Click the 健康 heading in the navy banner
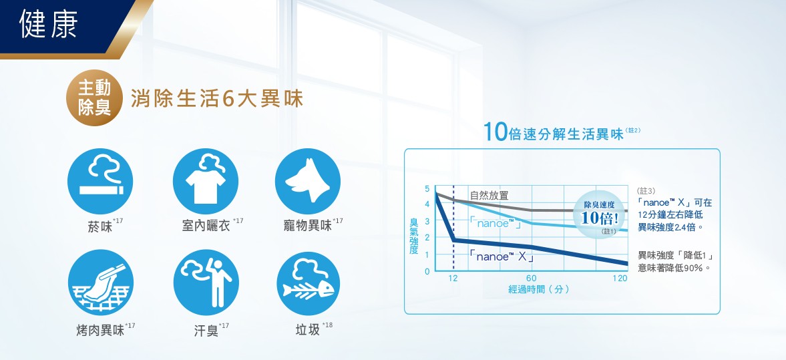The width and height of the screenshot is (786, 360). (x=49, y=23)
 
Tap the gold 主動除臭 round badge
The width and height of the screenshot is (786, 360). (x=95, y=98)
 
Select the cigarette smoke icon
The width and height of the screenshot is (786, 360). (x=100, y=181)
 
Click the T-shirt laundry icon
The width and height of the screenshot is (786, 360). (x=206, y=181)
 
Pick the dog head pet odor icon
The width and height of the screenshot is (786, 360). (x=308, y=181)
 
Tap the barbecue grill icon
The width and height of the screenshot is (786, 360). (x=101, y=283)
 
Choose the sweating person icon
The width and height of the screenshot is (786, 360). (x=206, y=283)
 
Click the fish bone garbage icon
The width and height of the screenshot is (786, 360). (x=309, y=283)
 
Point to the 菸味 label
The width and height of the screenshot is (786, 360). (x=100, y=227)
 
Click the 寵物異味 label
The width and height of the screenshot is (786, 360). (x=309, y=226)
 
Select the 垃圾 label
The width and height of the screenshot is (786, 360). (x=308, y=331)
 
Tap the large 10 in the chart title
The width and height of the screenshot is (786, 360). (x=496, y=132)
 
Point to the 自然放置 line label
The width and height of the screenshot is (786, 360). (x=489, y=196)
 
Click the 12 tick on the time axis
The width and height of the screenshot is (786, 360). (x=453, y=279)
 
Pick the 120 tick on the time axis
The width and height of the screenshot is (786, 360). (x=620, y=279)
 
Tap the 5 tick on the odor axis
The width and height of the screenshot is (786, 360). (x=427, y=188)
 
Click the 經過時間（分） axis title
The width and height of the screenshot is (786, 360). (x=538, y=290)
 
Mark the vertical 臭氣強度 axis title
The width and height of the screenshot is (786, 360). (x=413, y=236)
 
